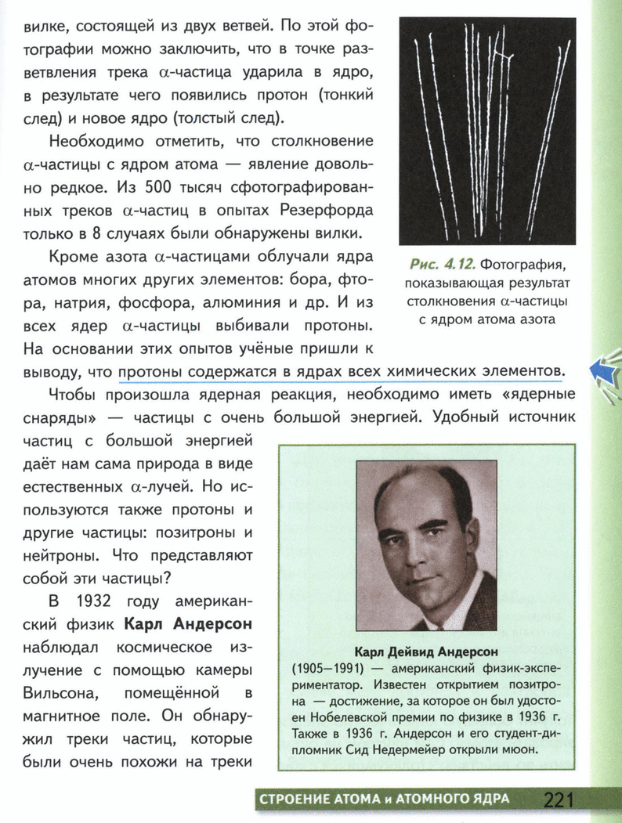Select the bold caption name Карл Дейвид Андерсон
click(x=426, y=651)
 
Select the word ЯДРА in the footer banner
click(x=486, y=799)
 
